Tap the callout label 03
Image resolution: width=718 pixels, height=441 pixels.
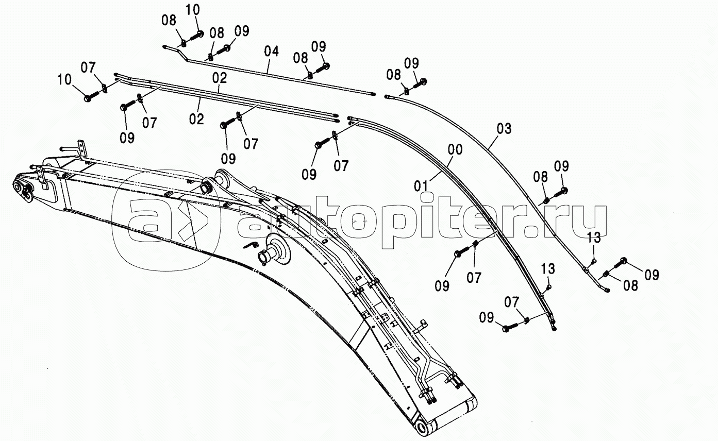505,129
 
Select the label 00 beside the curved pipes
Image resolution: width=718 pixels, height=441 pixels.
455,150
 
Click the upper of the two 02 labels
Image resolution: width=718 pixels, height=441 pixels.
219,79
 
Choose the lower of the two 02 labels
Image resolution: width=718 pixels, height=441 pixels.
196,120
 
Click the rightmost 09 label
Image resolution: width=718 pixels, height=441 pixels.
652,275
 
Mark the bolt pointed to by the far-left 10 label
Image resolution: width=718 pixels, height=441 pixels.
88,97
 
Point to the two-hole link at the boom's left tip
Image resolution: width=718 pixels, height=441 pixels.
23,190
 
